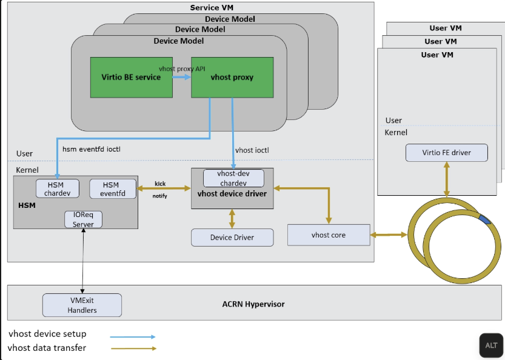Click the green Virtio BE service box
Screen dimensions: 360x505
click(131, 78)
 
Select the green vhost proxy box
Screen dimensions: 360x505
click(232, 78)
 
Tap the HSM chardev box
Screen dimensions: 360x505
click(58, 188)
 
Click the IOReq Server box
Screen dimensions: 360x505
click(83, 219)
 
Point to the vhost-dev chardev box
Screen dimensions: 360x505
click(232, 178)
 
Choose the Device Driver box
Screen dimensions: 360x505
click(232, 237)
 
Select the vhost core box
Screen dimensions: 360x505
click(328, 235)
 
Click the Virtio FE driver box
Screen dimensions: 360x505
click(446, 153)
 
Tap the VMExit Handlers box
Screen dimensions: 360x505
click(82, 305)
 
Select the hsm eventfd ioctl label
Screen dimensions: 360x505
click(92, 148)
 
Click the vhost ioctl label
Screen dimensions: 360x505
click(252, 149)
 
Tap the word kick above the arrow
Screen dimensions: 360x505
click(160, 182)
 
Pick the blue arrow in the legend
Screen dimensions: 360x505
click(133, 336)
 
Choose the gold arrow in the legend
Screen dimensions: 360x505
click(133, 348)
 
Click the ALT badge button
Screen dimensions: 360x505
click(491, 345)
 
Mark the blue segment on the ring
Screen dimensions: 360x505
click(486, 219)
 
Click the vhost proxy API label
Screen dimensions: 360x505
click(182, 68)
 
